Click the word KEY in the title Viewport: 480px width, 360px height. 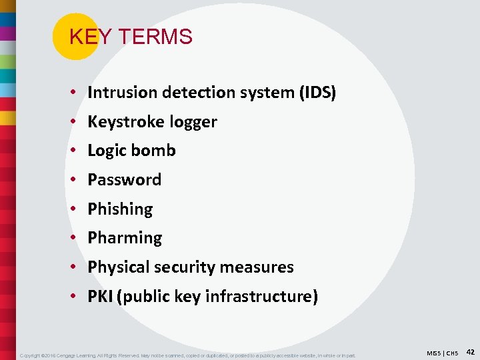(x=85, y=37)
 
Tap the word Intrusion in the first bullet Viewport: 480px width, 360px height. (x=117, y=93)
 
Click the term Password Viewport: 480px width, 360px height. (x=125, y=180)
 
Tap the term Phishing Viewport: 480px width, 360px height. (x=120, y=209)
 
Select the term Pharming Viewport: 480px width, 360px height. (x=125, y=238)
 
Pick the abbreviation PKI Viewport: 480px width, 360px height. (x=100, y=297)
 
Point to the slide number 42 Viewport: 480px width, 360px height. (x=469, y=351)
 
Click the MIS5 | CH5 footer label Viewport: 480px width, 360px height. (x=441, y=352)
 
